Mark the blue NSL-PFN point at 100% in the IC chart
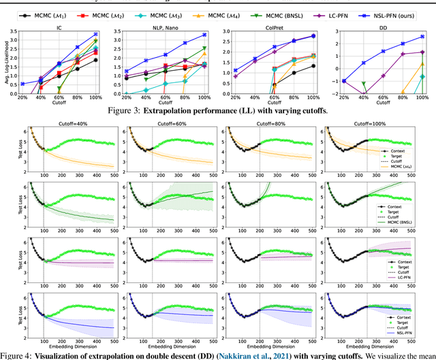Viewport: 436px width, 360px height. (x=95, y=34)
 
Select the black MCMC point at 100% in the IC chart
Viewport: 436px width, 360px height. (x=95, y=60)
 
